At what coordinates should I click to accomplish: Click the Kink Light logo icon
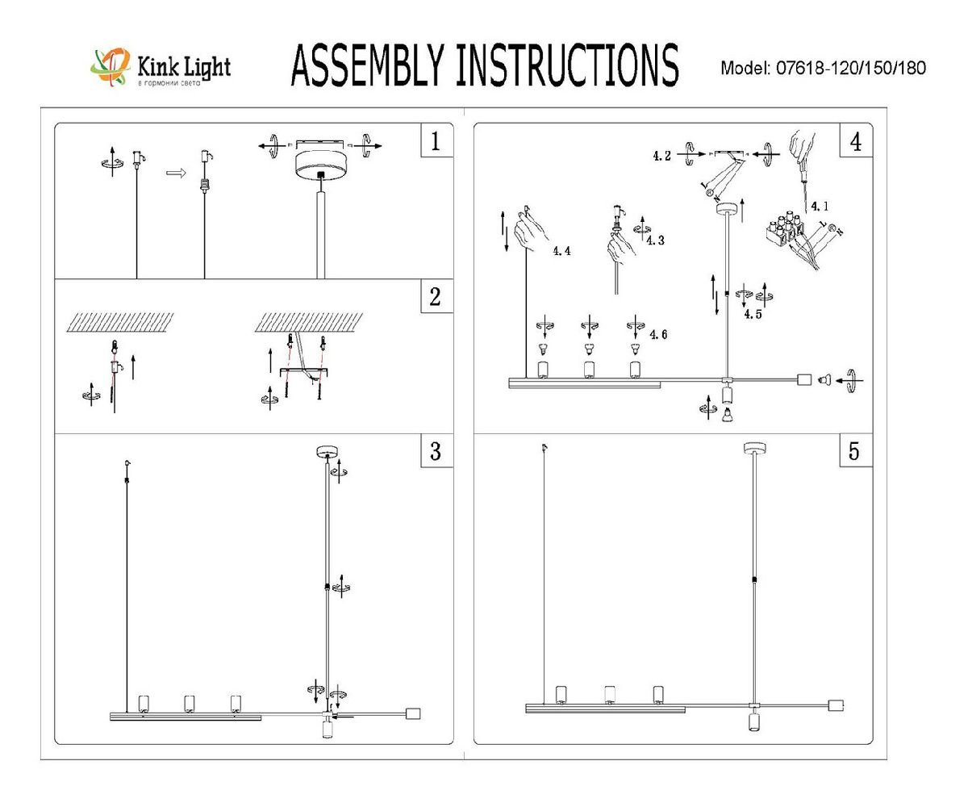[111, 66]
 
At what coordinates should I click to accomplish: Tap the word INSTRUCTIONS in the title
[566, 65]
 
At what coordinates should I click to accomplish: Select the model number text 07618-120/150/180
[850, 69]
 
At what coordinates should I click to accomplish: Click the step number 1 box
[436, 142]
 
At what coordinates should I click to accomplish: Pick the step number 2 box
[436, 297]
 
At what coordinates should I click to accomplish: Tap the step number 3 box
[436, 451]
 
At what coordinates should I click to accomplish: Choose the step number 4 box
[855, 142]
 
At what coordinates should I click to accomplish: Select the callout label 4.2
[661, 157]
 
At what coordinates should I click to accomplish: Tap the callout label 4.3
[655, 240]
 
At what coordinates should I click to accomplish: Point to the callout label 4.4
[561, 251]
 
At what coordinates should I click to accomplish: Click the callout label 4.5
[753, 315]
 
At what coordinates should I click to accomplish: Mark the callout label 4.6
[658, 334]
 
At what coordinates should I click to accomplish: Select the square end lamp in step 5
[837, 705]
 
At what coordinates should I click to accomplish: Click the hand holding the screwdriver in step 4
[802, 148]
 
